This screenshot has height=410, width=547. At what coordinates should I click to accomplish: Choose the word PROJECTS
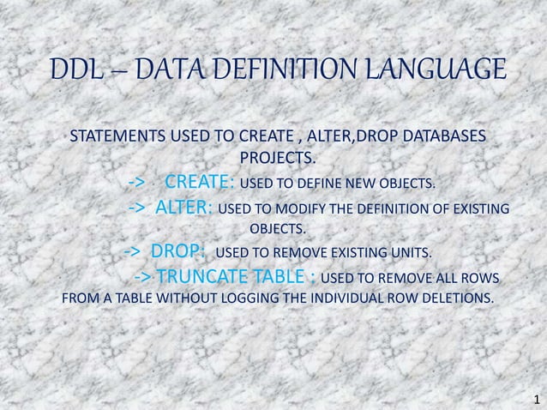(277, 159)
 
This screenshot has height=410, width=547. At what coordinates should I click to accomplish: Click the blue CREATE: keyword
(200, 183)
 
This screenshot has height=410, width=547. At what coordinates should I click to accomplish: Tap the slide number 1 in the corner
(536, 399)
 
